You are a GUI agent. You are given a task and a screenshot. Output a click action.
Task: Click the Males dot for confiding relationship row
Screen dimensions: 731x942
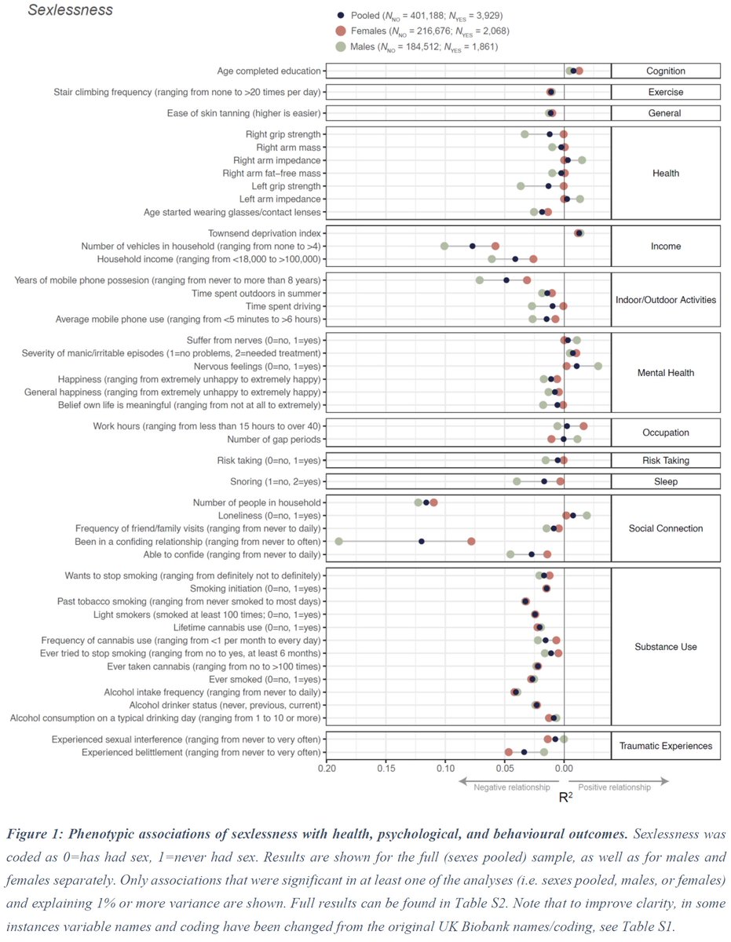(x=338, y=542)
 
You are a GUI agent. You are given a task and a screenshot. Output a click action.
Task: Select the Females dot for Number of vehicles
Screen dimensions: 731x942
(x=495, y=246)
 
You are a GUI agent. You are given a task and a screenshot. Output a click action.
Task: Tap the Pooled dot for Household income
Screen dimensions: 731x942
(x=515, y=259)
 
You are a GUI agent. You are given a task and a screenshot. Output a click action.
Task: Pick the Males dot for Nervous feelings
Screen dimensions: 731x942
(x=598, y=367)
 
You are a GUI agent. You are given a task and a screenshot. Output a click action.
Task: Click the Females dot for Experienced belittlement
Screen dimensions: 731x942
(x=509, y=752)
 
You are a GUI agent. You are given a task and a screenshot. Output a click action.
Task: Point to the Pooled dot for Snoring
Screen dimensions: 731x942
(x=544, y=481)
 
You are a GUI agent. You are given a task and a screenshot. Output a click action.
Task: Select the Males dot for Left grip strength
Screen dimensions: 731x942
(x=521, y=186)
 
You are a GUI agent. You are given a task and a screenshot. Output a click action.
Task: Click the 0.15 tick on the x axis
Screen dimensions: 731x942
(x=386, y=761)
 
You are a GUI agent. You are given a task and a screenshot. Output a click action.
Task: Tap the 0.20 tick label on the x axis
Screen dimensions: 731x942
(x=327, y=769)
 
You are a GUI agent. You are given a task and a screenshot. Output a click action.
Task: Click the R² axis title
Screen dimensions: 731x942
(x=565, y=797)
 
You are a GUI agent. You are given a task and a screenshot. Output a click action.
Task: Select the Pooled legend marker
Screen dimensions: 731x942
(x=341, y=16)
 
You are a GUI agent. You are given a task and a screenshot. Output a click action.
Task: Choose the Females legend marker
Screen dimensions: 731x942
(x=342, y=31)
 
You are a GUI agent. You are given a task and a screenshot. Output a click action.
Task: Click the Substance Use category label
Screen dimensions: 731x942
(x=666, y=647)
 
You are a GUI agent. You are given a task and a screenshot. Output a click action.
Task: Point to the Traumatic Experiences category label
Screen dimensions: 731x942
(x=666, y=746)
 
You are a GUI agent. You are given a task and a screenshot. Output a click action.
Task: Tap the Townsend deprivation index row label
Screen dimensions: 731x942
(x=264, y=233)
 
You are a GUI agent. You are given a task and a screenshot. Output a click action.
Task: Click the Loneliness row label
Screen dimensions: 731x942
(x=269, y=516)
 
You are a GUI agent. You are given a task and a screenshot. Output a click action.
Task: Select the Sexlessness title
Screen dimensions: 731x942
(x=70, y=10)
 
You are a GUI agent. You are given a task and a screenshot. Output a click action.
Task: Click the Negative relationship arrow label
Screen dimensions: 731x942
(x=512, y=787)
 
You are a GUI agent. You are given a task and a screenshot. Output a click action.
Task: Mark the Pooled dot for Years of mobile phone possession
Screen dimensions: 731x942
(x=506, y=280)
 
